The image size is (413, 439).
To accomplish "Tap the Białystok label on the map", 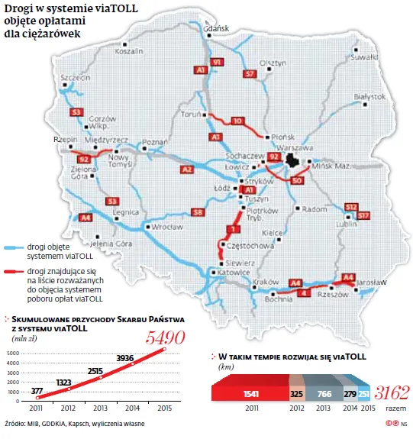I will [369, 96].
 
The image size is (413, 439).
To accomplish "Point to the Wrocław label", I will [167, 227].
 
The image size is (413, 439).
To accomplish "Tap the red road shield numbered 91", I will [217, 61].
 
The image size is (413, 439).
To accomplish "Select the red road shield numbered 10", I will [237, 121].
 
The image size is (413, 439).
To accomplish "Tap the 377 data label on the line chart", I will [37, 391].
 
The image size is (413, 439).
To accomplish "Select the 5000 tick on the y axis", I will [12, 353].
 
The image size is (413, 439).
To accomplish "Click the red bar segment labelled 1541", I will [247, 393].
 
